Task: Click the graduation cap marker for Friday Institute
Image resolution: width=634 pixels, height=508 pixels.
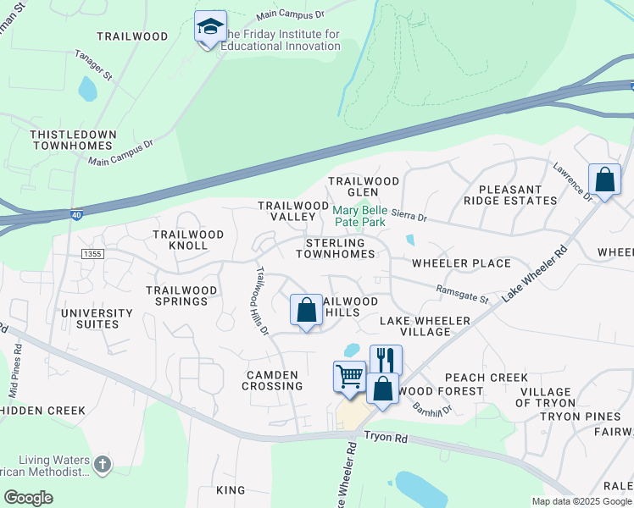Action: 209,28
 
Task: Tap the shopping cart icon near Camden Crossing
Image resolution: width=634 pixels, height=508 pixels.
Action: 349,376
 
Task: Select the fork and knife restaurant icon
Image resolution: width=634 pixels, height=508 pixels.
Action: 386,359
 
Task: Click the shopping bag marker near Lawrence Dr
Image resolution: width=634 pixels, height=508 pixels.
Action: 604,180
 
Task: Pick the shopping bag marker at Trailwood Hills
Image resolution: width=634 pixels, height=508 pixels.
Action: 307,310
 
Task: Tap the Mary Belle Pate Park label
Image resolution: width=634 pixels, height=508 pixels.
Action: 359,215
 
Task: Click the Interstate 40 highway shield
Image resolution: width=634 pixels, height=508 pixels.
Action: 77,215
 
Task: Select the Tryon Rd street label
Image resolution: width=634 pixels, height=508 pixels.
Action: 387,437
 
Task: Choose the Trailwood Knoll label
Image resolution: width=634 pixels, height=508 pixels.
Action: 188,240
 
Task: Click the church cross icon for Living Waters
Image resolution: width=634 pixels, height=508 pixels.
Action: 103,463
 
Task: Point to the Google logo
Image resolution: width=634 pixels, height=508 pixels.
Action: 28,498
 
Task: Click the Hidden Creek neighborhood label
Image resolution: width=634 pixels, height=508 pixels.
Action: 42,411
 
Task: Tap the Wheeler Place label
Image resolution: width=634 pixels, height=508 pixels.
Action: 461,263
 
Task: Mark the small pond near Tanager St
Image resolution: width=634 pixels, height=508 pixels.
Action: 87,88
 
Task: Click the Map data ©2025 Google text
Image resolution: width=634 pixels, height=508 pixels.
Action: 581,501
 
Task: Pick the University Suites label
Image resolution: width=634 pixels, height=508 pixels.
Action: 97,318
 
